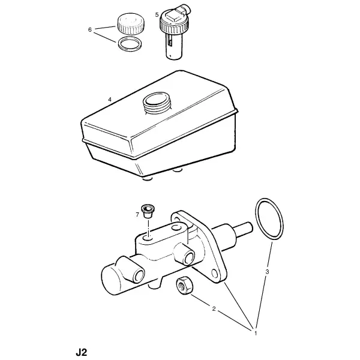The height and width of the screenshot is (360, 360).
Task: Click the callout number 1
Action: point(256,333)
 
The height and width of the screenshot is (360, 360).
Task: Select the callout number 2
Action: point(214,309)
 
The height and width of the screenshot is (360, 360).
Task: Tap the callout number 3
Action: point(267,272)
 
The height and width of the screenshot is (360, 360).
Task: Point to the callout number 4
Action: point(110,100)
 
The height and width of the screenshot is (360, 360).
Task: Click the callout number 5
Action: point(157,15)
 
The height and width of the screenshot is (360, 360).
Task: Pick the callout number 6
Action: point(90,30)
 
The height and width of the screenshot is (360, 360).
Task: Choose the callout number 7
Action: point(137,215)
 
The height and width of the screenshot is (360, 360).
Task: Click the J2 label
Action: point(82,352)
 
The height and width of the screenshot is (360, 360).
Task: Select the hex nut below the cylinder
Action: point(184,286)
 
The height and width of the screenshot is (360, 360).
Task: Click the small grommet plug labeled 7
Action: point(148,211)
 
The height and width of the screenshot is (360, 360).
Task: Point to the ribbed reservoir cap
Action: point(131,24)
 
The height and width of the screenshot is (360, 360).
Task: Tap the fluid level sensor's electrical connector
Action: point(184,9)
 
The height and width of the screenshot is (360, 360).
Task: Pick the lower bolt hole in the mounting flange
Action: point(214,273)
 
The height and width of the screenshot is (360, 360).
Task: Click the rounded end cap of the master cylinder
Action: point(110,280)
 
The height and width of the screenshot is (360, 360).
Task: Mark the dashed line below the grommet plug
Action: point(149,228)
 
